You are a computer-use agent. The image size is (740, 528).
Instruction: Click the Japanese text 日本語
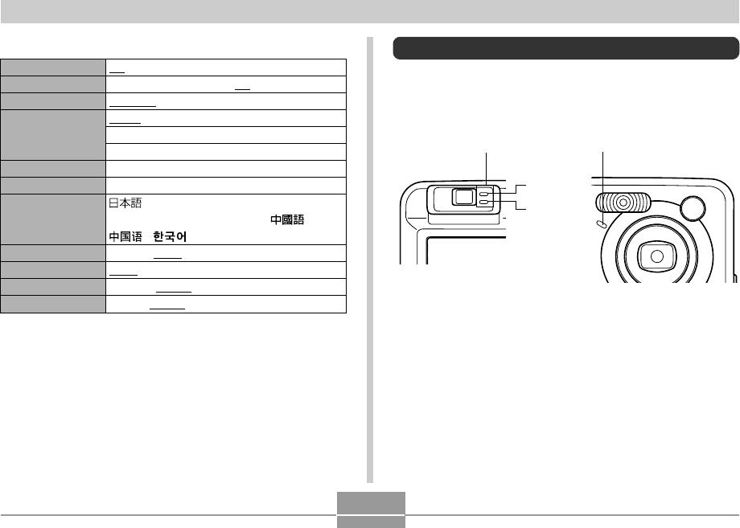125,203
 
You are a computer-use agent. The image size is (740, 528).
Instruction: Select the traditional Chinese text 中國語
287,219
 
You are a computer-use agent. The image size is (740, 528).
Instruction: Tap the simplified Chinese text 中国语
125,236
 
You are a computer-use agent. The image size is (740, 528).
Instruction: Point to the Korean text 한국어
170,236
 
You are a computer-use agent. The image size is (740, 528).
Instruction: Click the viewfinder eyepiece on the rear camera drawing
463,197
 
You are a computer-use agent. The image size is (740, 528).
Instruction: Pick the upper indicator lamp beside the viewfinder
483,194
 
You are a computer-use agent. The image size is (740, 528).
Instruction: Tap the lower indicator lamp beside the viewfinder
483,203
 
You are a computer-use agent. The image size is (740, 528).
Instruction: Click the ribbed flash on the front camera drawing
622,203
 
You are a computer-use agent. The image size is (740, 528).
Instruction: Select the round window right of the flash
693,208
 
